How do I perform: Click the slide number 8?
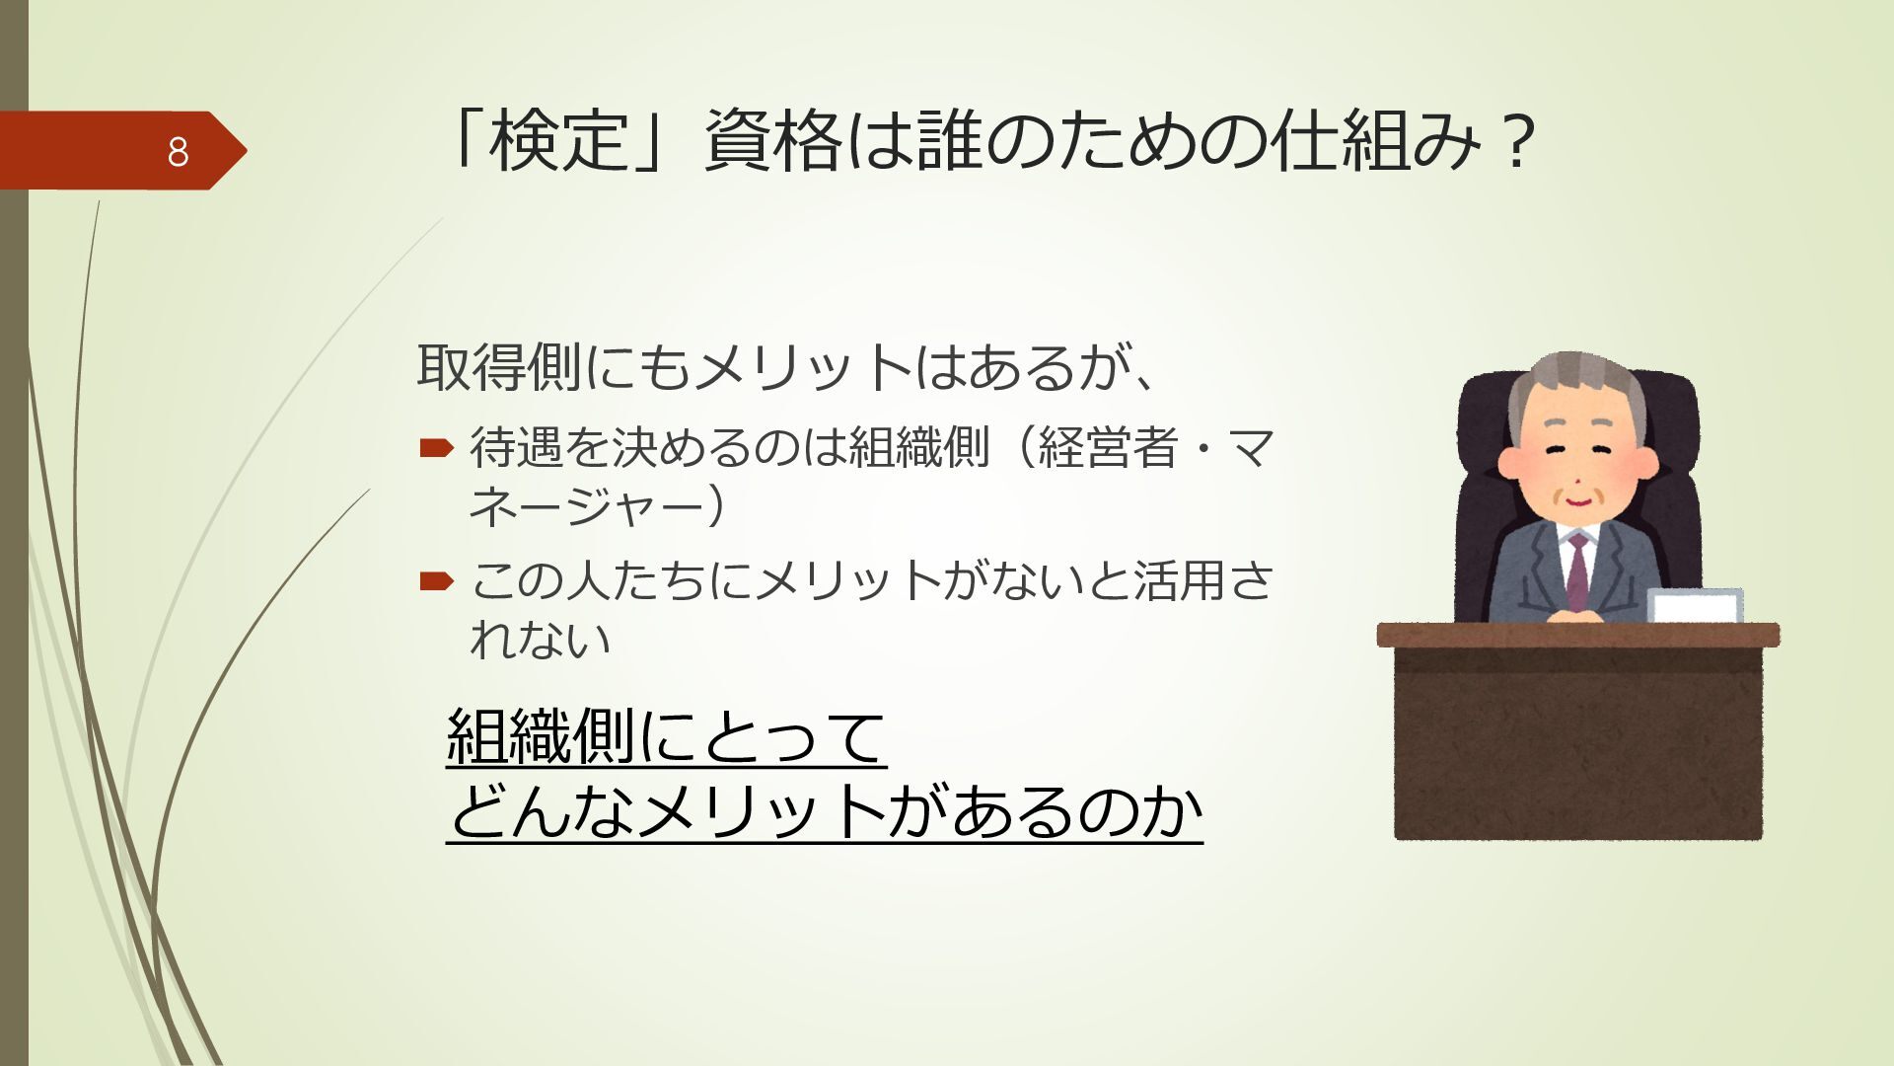point(178,152)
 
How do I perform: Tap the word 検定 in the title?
point(559,140)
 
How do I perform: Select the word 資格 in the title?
point(772,140)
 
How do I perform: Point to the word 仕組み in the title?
point(1375,140)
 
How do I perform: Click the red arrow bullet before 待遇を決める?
point(435,449)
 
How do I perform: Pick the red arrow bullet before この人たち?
point(435,580)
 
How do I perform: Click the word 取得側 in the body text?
point(499,366)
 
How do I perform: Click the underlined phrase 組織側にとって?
point(667,736)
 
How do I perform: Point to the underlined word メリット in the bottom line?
point(761,812)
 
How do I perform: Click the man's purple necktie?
point(1577,570)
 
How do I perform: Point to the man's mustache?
point(1576,491)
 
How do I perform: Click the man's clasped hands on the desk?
point(1577,615)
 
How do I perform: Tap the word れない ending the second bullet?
point(541,640)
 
